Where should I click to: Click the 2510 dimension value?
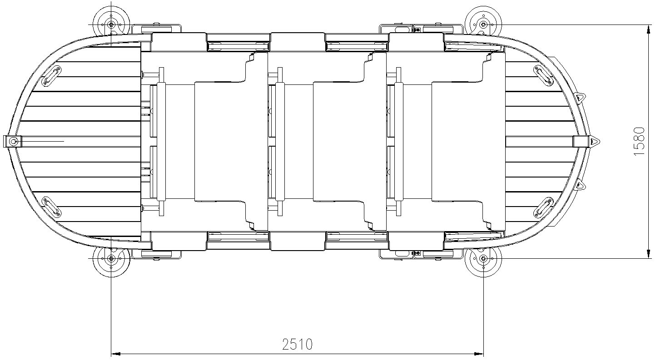[298, 344]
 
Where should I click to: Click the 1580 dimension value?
[639, 141]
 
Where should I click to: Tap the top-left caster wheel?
[111, 24]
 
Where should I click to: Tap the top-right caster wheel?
[483, 24]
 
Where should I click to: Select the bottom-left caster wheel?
[111, 259]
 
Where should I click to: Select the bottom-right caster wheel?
[483, 259]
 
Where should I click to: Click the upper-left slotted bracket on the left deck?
[51, 76]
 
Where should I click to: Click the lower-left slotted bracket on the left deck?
[51, 207]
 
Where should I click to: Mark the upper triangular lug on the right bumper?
[580, 98]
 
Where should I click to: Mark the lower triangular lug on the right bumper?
[580, 185]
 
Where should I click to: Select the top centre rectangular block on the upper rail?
[298, 42]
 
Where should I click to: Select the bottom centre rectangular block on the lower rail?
[298, 241]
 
